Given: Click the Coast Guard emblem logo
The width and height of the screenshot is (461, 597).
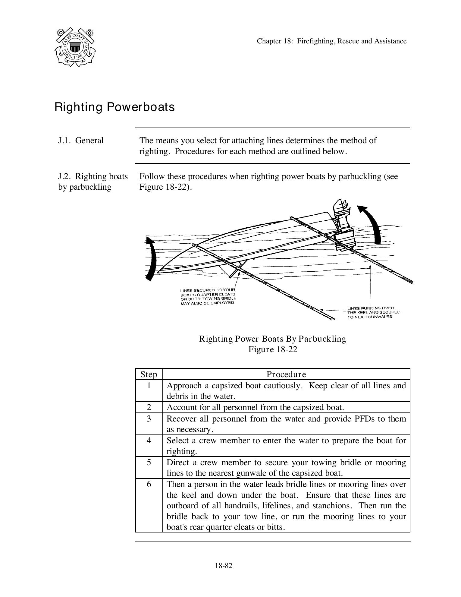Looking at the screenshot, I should [x=75, y=47].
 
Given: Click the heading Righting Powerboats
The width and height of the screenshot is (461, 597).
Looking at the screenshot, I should [x=114, y=107].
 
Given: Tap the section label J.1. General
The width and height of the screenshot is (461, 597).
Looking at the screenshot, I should [x=80, y=141].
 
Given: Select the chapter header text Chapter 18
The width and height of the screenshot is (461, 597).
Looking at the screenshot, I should [x=331, y=41].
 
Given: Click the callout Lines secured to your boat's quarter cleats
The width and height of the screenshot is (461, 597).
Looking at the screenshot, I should [x=208, y=296].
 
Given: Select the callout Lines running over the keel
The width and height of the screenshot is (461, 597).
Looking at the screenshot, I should [x=374, y=312].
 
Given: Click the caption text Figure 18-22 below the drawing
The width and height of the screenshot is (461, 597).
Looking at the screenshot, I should [x=273, y=349].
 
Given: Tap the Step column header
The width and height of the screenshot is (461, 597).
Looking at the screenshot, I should [x=149, y=374].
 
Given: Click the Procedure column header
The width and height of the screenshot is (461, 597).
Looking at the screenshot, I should [x=286, y=374].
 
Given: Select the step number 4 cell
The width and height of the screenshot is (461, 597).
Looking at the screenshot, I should [x=149, y=441].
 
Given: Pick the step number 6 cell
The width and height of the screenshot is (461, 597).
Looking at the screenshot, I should [x=149, y=484].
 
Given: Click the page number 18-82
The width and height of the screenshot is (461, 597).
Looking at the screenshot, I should [x=224, y=566].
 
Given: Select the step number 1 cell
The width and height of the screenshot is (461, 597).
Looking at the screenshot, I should [x=149, y=386].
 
